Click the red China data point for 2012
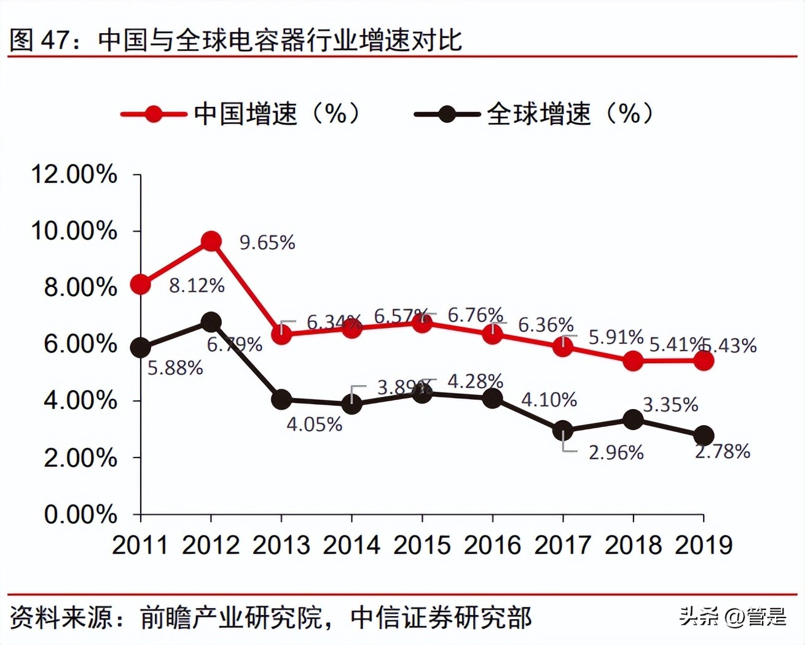211,241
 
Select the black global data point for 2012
211,322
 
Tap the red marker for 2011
141,284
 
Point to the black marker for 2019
704,436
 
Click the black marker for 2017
563,431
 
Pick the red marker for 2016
492,334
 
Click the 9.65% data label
267,243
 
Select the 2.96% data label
616,453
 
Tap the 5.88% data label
175,368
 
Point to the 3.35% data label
670,405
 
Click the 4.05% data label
314,424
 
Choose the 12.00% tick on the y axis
74,174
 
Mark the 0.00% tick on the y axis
80,514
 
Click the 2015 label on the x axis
422,545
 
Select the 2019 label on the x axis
704,545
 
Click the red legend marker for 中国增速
154,114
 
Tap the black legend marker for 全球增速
447,114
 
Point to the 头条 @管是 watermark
732,616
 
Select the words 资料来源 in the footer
61,617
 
